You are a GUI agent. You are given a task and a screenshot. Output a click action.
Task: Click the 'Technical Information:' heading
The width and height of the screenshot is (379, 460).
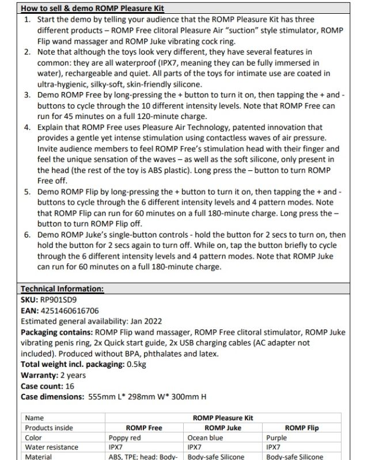pos(62,289)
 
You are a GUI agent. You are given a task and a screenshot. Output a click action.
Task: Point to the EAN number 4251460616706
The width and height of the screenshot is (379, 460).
pos(69,310)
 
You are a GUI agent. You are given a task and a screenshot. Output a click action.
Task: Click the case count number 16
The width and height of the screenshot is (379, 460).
pos(70,386)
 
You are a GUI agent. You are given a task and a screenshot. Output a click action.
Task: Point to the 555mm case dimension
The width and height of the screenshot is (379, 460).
pos(100,397)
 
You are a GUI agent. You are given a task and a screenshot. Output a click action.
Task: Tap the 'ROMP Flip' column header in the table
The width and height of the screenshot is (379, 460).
pos(301,428)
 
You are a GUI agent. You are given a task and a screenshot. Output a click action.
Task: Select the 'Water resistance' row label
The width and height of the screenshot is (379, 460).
pos(52,447)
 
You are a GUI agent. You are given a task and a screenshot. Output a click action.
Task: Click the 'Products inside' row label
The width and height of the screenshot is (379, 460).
pos(49,428)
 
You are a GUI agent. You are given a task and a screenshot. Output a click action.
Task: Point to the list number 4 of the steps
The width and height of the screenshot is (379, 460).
pos(28,127)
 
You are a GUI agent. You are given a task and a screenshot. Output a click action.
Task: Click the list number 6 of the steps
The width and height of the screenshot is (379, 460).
pos(28,235)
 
